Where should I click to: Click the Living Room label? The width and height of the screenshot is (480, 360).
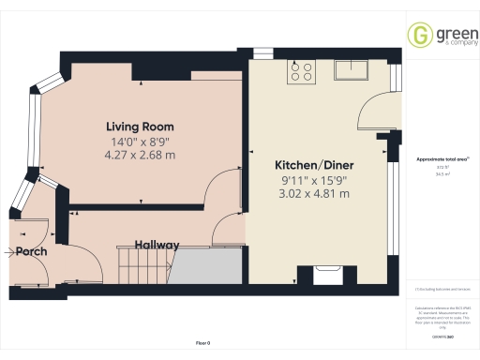pos(140,127)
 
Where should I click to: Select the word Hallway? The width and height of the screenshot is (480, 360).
pos(157,245)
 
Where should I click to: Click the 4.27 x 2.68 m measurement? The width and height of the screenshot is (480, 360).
pos(140,155)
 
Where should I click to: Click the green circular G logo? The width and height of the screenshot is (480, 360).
pos(419,36)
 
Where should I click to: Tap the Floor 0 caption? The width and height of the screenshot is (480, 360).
pos(202,344)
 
